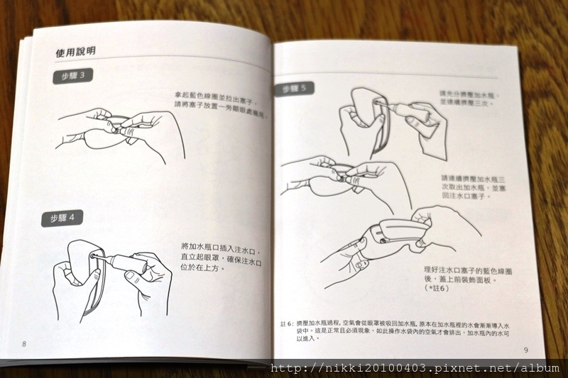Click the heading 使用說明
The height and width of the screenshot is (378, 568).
(x=76, y=52)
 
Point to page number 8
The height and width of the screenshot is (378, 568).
(x=24, y=344)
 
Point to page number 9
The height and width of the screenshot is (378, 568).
(x=525, y=350)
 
